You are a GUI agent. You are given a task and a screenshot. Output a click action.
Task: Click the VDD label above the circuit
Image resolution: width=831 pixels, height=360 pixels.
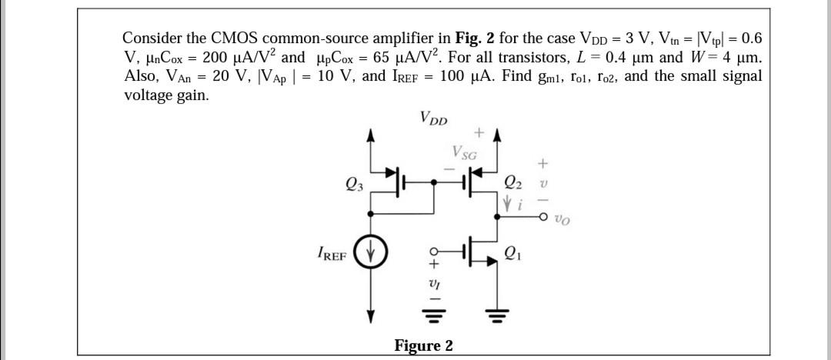(x=436, y=118)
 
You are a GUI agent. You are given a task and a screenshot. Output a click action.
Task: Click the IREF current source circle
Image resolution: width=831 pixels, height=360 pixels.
(x=372, y=252)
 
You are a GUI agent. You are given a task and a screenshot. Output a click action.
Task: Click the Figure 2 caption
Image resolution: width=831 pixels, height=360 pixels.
(x=423, y=345)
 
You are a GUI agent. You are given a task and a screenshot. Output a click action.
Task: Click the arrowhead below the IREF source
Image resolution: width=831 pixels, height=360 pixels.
(x=372, y=315)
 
